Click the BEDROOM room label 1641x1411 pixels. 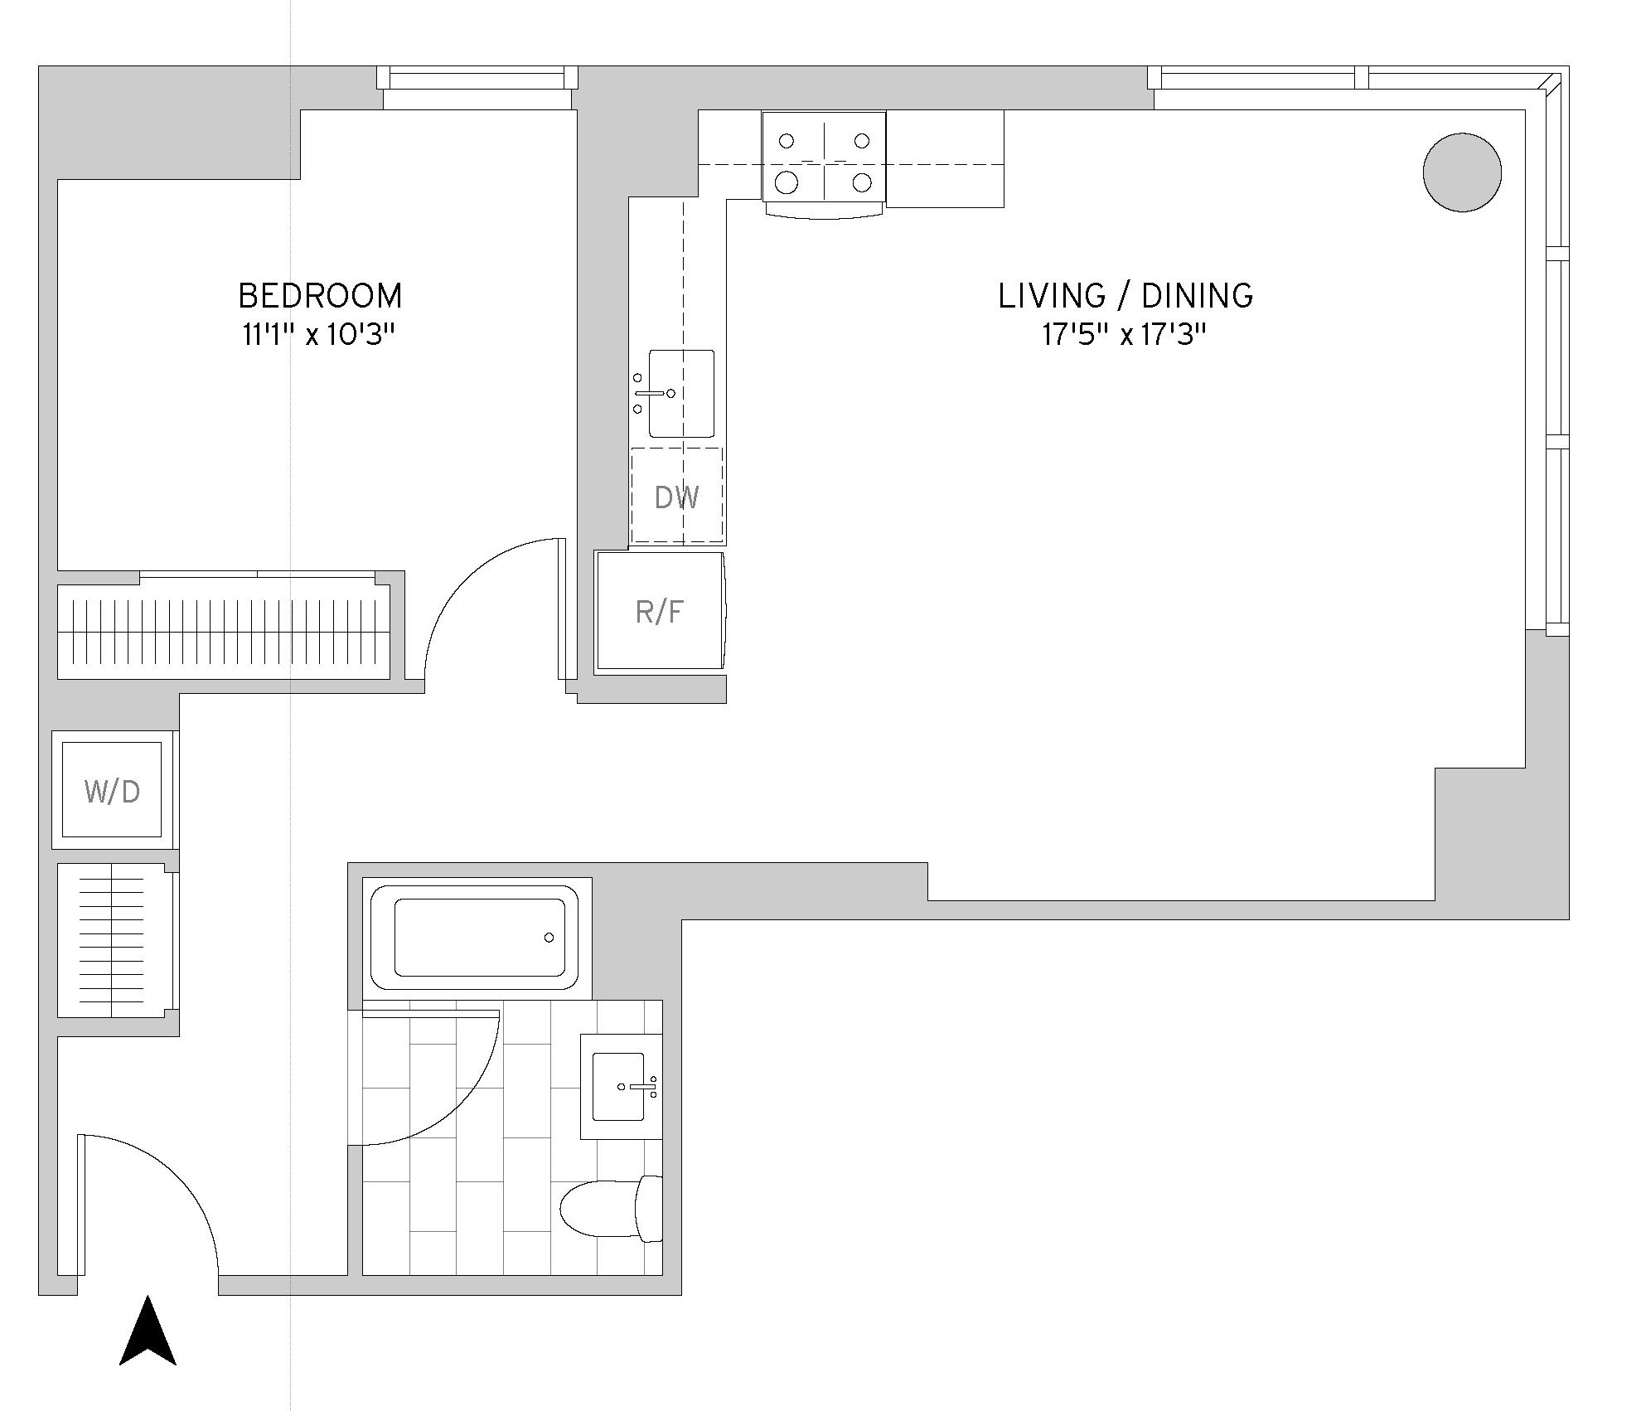[x=320, y=296]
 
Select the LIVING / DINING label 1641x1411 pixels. [x=1125, y=296]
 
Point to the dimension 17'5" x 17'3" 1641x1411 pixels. [x=1124, y=336]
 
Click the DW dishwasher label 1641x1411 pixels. [x=676, y=497]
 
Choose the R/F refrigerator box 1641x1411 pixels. [x=660, y=612]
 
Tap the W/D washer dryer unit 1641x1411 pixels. [x=113, y=791]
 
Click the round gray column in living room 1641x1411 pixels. [x=1462, y=173]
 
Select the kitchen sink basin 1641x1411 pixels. [x=681, y=394]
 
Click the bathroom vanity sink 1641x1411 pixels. [x=619, y=1086]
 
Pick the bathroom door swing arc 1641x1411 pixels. [x=464, y=1103]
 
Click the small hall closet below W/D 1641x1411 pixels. [x=114, y=941]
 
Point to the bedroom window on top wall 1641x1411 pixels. [x=477, y=80]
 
